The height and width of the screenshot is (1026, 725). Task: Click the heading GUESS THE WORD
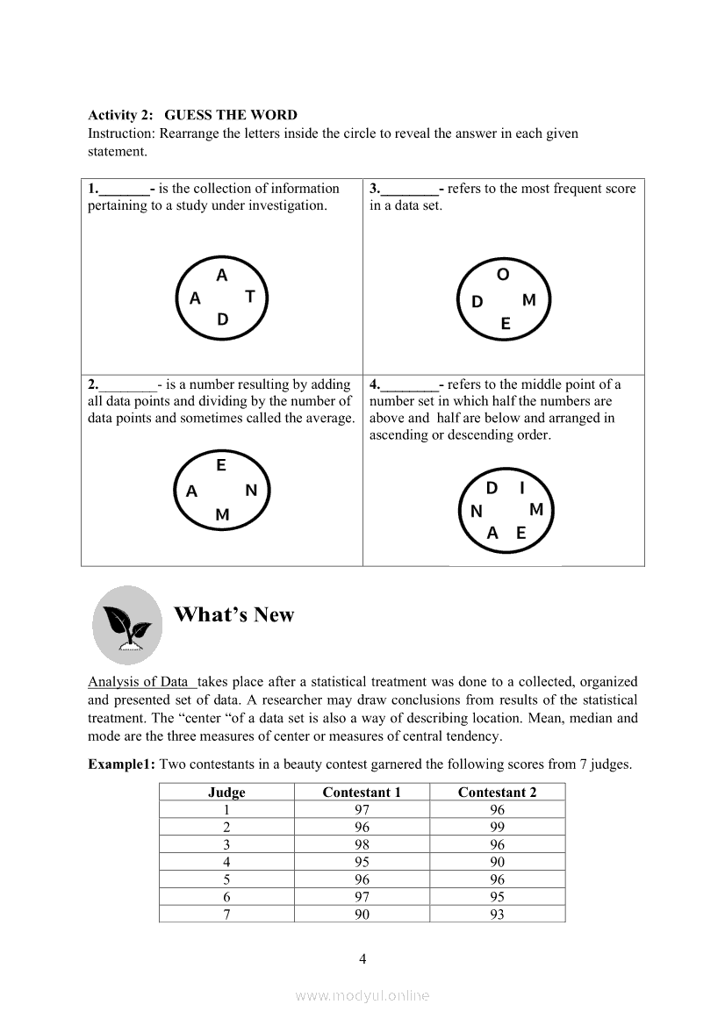pos(231,115)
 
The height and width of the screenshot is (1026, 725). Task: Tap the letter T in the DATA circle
pos(250,297)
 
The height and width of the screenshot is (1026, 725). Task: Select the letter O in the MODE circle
pos(503,275)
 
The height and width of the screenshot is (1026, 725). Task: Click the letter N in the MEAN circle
pos(251,491)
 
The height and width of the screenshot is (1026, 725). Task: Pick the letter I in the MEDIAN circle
pos(522,488)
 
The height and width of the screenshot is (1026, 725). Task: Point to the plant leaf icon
pos(127,625)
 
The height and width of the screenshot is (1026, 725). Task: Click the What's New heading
pos(234,614)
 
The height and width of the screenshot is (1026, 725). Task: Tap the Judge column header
pos(226,793)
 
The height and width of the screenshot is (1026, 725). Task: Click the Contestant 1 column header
pos(362,793)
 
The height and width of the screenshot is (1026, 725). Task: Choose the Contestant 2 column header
pos(497,793)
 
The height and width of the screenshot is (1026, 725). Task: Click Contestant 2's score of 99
pos(498,828)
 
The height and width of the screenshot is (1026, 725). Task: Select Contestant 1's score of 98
pos(362,845)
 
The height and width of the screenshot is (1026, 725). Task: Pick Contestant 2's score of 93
pos(498,915)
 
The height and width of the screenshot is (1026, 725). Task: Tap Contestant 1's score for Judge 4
pos(362,862)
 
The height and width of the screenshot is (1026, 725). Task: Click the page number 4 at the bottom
pos(362,958)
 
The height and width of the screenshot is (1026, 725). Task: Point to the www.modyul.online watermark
pos(362,995)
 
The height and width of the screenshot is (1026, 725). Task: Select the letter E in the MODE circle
pos(506,324)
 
